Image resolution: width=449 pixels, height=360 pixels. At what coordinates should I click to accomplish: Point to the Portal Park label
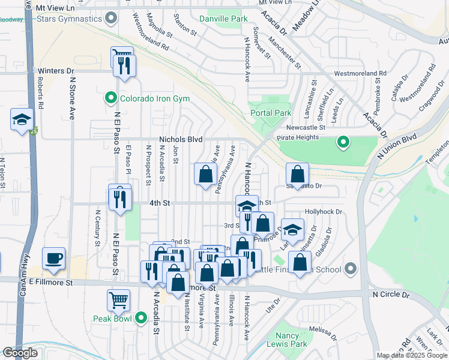270,113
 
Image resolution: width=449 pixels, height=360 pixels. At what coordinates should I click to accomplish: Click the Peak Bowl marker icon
141,317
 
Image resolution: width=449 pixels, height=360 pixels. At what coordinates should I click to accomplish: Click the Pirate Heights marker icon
343,142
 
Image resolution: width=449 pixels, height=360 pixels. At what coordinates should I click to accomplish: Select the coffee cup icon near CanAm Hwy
53,258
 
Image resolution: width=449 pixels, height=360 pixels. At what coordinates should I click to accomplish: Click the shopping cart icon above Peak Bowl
118,299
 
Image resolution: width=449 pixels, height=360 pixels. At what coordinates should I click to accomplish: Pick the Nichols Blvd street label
181,139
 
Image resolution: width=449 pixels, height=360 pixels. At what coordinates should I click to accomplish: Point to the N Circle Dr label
390,295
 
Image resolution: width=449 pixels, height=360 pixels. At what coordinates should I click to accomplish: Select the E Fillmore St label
53,281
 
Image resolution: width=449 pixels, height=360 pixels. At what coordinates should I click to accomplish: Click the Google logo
20,352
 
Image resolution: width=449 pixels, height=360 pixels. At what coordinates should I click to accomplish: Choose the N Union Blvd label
397,146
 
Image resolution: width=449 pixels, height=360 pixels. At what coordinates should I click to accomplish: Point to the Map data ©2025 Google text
412,355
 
